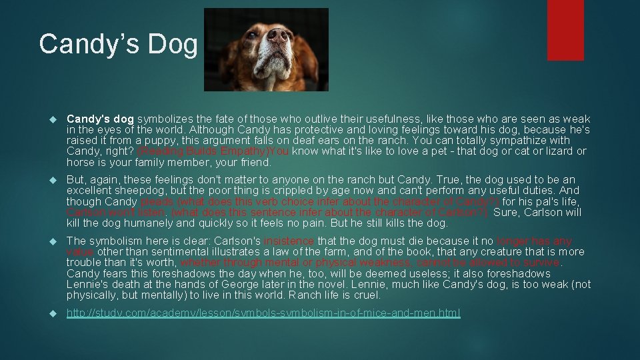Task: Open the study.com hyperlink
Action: (x=263, y=313)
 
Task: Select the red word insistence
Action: (x=289, y=241)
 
